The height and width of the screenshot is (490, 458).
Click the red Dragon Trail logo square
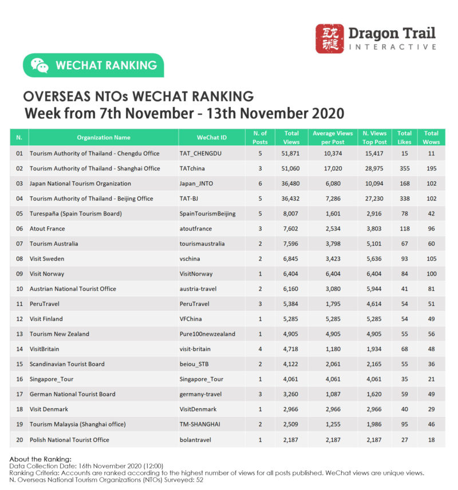tap(330, 39)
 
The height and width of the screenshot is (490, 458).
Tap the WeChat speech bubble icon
tap(40, 65)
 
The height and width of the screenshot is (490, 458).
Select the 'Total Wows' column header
tap(431, 137)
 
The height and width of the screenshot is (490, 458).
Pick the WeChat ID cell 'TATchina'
tap(192, 169)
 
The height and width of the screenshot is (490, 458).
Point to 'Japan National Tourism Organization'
tap(80, 184)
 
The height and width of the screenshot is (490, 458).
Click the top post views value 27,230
tap(375, 198)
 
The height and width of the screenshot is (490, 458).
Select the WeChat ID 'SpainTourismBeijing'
tap(207, 214)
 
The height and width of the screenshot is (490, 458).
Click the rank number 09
tap(19, 274)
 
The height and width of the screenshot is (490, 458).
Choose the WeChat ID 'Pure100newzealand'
tap(207, 334)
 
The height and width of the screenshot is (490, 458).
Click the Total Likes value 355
tap(405, 169)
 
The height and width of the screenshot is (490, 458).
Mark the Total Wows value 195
tap(431, 169)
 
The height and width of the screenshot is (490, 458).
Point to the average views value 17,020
tap(332, 169)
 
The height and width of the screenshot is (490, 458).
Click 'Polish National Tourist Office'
tap(69, 439)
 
